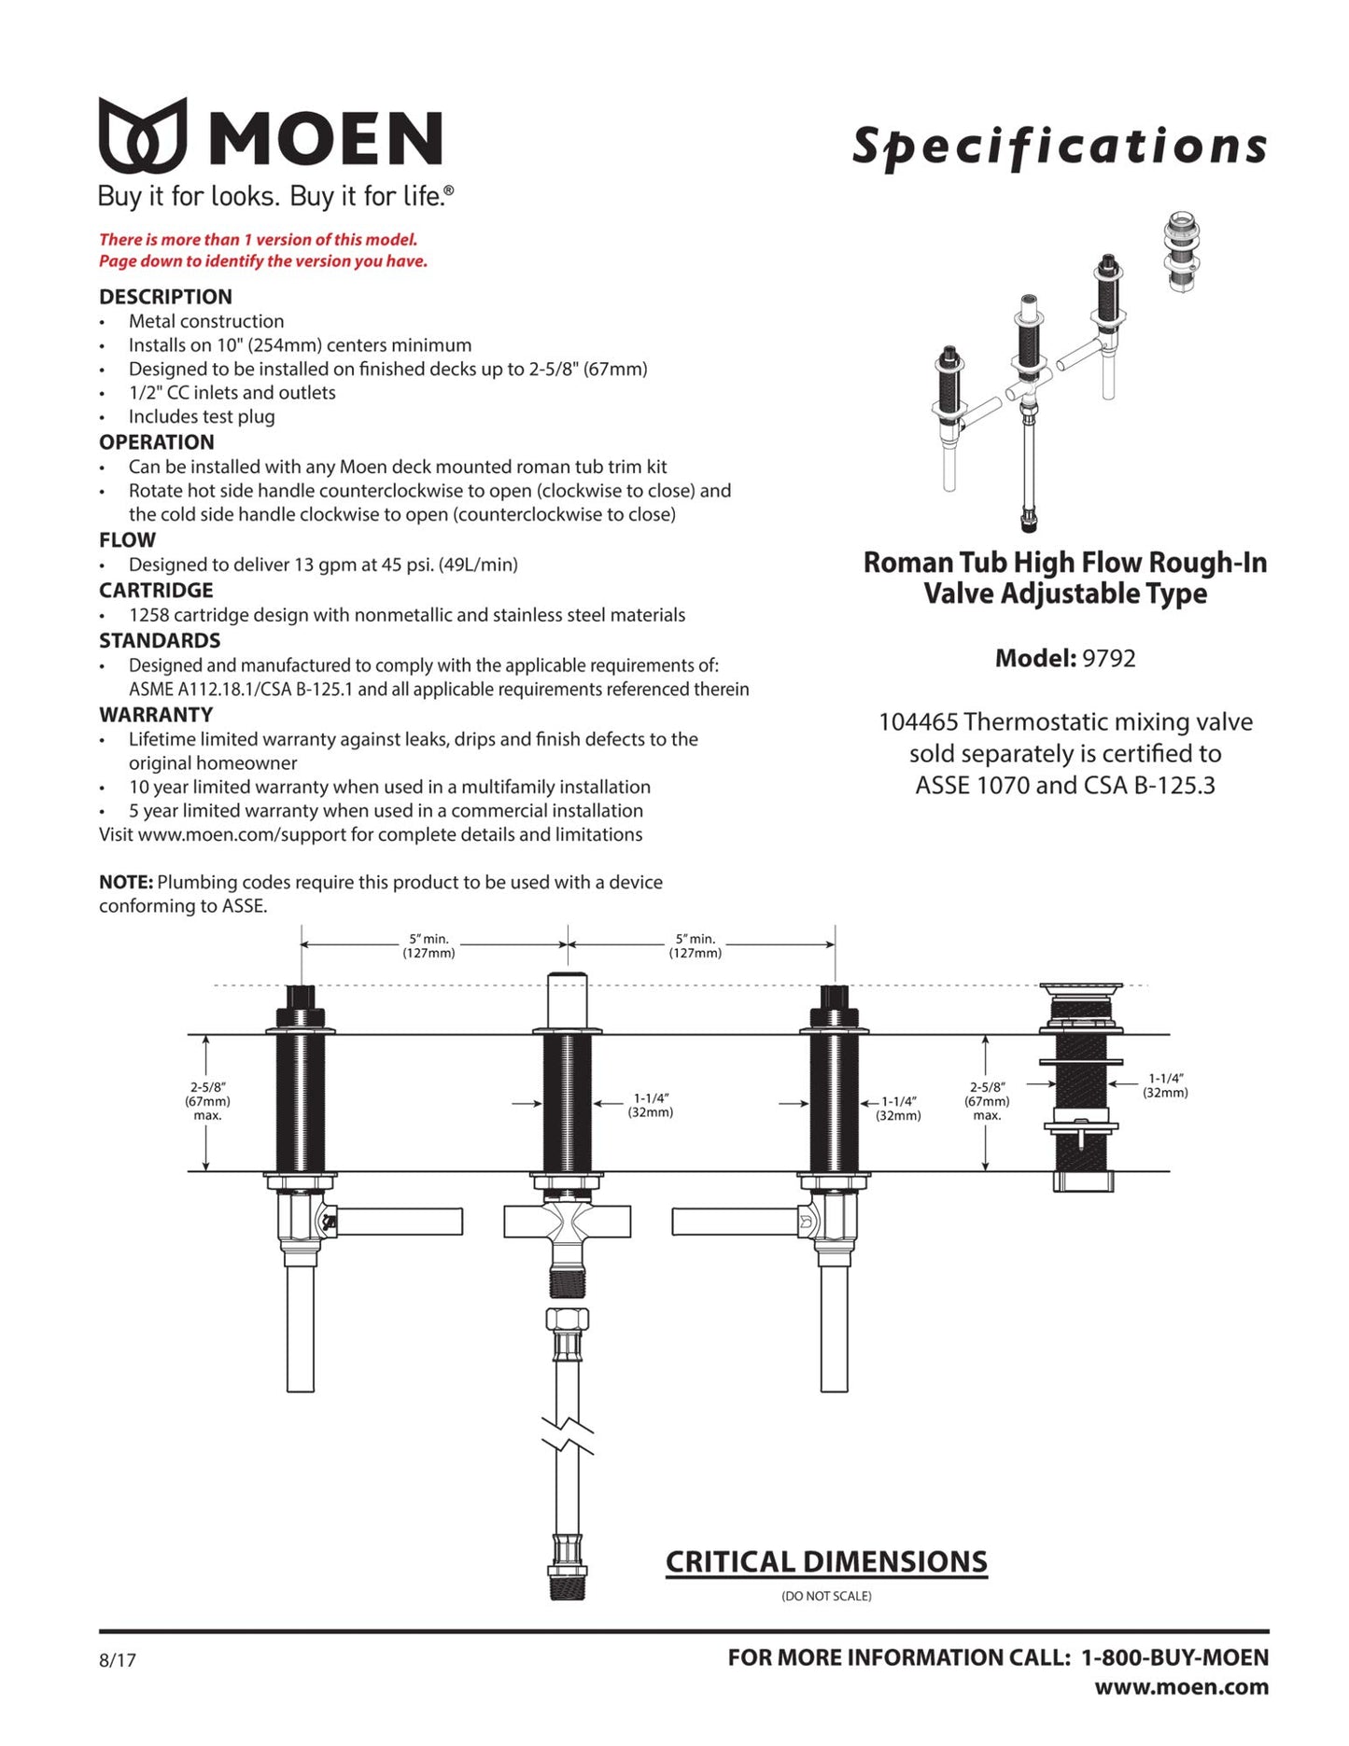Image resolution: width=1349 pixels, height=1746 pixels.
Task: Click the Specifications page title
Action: (1060, 147)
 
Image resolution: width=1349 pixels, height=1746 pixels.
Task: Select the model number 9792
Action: (1108, 659)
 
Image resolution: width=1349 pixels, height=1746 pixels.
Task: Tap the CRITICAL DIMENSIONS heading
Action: (826, 1562)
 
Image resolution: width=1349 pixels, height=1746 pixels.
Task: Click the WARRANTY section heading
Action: (156, 715)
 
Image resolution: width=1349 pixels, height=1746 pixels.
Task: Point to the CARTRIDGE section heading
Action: (156, 591)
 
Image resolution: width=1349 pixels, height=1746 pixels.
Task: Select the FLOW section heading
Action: (127, 540)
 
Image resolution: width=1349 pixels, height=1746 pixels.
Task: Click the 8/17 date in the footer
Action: (118, 1660)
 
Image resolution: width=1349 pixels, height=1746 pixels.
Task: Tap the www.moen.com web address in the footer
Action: (1181, 1687)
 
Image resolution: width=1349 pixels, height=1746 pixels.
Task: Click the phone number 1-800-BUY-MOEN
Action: (1174, 1657)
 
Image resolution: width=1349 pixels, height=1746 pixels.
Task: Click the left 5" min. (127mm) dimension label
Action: (429, 946)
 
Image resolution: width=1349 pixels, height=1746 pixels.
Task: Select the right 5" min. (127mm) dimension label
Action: (695, 946)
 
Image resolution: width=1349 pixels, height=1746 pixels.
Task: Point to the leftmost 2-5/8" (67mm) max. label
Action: (207, 1101)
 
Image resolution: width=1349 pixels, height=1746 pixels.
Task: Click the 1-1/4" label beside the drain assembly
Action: (1165, 1085)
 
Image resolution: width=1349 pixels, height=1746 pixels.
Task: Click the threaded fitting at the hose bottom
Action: (567, 1585)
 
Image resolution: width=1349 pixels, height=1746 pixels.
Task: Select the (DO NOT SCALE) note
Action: (826, 1597)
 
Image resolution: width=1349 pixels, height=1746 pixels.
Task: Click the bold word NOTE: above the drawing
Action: (126, 883)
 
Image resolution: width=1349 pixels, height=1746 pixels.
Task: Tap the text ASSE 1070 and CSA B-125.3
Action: (1065, 786)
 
